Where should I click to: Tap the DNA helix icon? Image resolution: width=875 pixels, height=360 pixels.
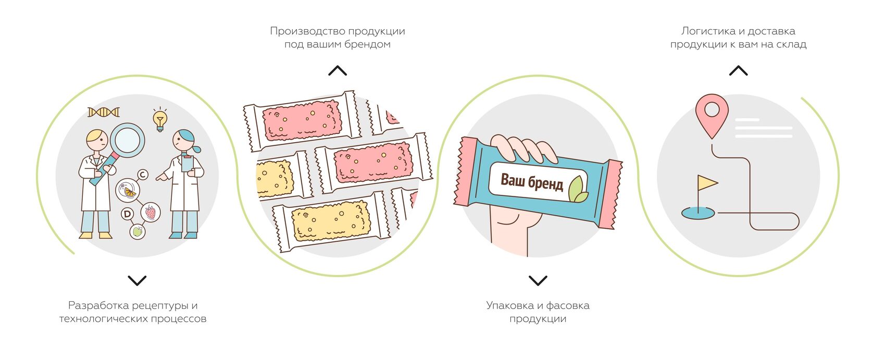(x=104, y=112)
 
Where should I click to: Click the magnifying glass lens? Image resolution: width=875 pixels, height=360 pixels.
(x=128, y=140)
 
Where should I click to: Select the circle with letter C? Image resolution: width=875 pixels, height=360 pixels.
(x=142, y=175)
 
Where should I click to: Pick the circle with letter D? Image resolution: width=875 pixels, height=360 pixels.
(x=127, y=214)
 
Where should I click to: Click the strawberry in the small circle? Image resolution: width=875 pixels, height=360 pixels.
(x=150, y=212)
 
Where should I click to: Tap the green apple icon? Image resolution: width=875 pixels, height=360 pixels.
(x=137, y=231)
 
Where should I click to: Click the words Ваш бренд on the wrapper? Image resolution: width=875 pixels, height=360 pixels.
(x=531, y=182)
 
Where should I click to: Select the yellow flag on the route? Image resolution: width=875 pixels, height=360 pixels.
(x=707, y=182)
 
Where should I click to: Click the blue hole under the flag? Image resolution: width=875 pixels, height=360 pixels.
(x=698, y=213)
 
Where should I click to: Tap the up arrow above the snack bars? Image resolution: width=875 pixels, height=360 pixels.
(x=337, y=71)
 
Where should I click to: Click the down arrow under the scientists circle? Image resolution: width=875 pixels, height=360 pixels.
(x=137, y=281)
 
